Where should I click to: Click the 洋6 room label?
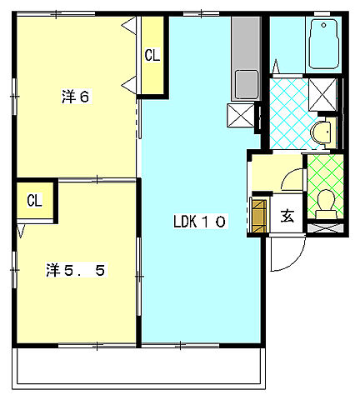tap(76, 97)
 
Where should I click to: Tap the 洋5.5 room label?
tap(76, 270)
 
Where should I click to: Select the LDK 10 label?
tap(199, 222)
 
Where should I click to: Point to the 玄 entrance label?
tap(287, 216)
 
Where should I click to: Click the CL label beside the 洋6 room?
tap(152, 55)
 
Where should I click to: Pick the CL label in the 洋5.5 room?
tap(34, 200)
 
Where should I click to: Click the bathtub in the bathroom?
tap(323, 43)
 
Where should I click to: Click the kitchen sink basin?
tap(247, 84)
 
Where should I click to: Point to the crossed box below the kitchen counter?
tap(241, 115)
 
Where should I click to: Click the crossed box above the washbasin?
tap(322, 95)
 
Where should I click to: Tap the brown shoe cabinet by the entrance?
tap(258, 216)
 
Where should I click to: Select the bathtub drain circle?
tap(323, 25)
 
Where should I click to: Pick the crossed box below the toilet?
tap(326, 228)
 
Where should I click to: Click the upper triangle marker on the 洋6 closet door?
tap(129, 25)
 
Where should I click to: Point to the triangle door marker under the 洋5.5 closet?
tap(21, 231)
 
